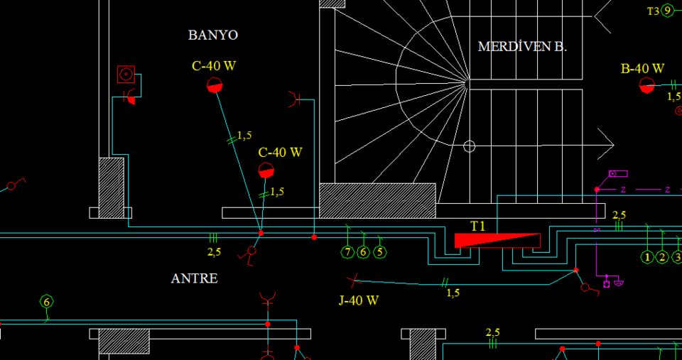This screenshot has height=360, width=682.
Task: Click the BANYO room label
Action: pos(212,35)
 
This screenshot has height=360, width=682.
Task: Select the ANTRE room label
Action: pos(194,278)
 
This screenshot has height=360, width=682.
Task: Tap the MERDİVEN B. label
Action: pos(522,47)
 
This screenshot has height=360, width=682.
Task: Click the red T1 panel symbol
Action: pos(497,240)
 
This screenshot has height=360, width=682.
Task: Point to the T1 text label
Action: pos(477,226)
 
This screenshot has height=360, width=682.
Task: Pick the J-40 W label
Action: pos(358,300)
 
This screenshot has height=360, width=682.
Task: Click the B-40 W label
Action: pos(642,69)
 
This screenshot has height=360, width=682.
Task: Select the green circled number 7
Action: pos(347,252)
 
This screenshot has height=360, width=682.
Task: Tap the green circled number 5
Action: pos(380,252)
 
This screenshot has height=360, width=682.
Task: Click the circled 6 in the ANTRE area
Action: pos(47,302)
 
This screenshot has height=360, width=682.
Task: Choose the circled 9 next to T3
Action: pos(668,11)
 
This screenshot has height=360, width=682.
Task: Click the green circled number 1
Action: pos(647,257)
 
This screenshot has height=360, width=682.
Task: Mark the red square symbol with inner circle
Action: pos(126,74)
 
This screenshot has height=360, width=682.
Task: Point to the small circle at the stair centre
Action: pos(469,146)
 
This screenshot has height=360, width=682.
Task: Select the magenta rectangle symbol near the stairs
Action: pos(618,173)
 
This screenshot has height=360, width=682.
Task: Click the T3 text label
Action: pos(653,11)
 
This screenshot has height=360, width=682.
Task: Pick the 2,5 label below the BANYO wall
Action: pos(214,251)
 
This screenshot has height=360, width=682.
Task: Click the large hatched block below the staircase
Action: pos(377,200)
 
